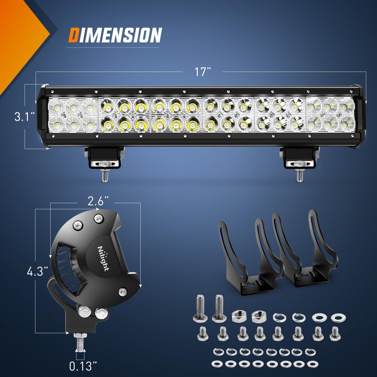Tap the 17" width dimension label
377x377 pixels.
coord(203,72)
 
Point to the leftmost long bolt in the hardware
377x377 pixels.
coord(199,309)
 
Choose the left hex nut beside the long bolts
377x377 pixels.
coord(237,316)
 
